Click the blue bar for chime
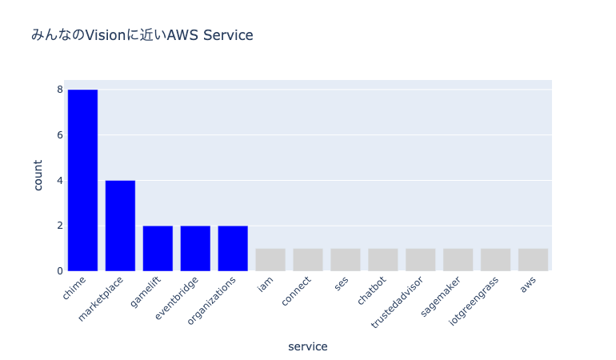coord(82,180)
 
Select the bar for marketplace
coord(120,226)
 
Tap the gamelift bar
coord(158,248)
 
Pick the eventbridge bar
coord(195,248)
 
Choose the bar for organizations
coord(233,248)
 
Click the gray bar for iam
coord(270,259)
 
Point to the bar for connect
coord(308,259)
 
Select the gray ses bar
coord(346,259)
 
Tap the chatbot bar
coord(383,259)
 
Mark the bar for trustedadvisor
coord(421,259)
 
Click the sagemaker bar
coord(458,259)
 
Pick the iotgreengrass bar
coord(496,259)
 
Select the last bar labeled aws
coord(534,259)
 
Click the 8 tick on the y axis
coord(59,90)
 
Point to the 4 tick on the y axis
coord(59,180)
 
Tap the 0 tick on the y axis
coord(59,271)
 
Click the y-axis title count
coord(38,174)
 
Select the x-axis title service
coord(308,346)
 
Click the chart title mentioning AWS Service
coord(142,35)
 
